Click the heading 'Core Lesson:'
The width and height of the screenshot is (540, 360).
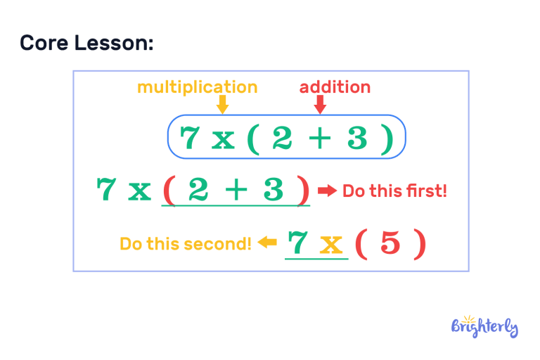86,44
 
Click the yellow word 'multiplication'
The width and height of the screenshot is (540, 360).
197,87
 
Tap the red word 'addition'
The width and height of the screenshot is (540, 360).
335,87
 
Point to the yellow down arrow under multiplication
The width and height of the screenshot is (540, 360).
222,105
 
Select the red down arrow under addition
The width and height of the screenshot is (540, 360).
320,105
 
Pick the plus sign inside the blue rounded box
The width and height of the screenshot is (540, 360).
319,139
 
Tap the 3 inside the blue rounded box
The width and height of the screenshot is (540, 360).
356,138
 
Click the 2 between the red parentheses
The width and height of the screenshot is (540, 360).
198,190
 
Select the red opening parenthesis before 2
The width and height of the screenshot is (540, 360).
169,191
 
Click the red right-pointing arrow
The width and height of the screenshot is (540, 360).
327,191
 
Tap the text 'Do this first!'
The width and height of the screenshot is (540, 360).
394,191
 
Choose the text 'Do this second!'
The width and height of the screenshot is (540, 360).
185,244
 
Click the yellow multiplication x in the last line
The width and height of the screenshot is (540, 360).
330,245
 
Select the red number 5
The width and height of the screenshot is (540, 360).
390,243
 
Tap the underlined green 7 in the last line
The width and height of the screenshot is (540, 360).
298,243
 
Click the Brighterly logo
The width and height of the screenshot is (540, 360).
484,326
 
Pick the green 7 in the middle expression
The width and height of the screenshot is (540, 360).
106,190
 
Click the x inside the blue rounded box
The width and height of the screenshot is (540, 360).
223,139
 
